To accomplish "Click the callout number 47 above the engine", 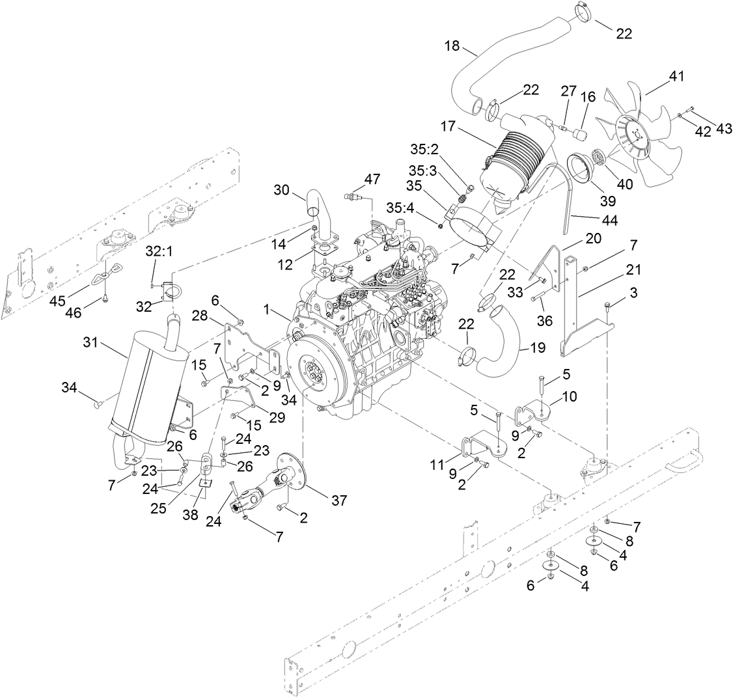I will (x=372, y=178).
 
